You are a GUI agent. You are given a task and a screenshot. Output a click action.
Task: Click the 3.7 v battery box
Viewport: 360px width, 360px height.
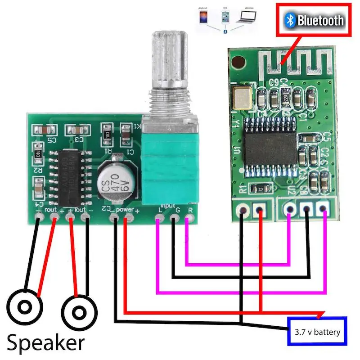click(317, 332)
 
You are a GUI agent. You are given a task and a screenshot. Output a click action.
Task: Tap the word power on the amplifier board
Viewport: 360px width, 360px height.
click(123, 210)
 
